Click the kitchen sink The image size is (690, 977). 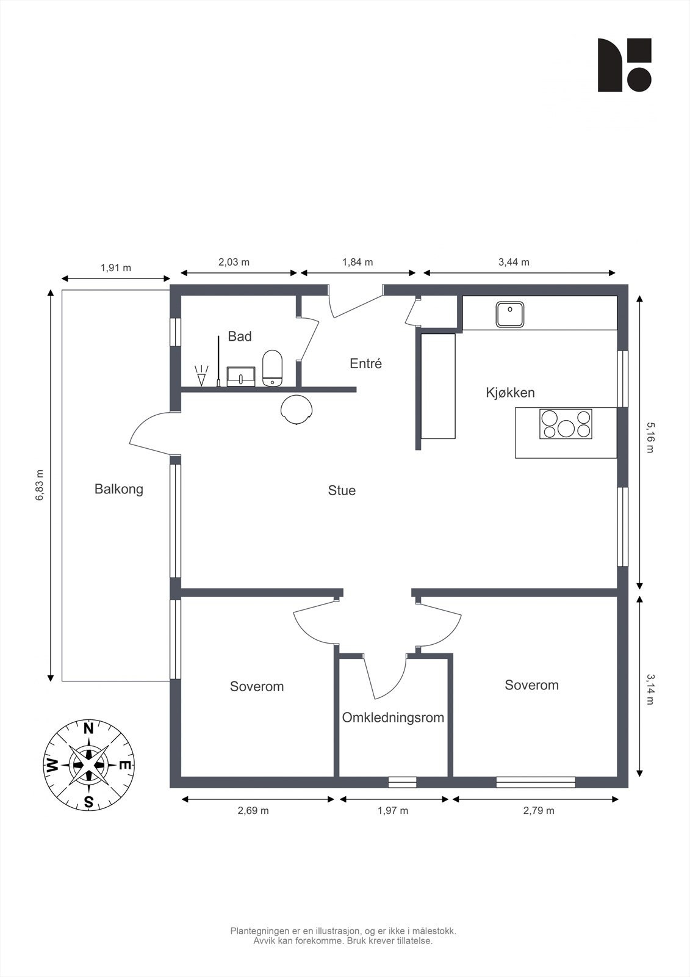click(x=509, y=314)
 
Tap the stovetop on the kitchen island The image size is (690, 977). click(x=566, y=424)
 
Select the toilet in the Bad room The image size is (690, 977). click(x=273, y=368)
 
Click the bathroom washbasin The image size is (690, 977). click(x=240, y=376)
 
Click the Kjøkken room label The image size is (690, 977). click(x=510, y=393)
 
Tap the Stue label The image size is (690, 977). click(x=342, y=490)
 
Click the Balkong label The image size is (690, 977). click(x=118, y=489)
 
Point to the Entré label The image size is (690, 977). click(x=365, y=363)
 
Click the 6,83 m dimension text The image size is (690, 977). click(x=40, y=485)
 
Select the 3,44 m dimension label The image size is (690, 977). click(x=514, y=262)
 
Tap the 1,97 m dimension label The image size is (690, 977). click(x=393, y=811)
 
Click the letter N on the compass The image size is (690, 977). click(x=88, y=728)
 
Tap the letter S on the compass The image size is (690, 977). click(x=88, y=802)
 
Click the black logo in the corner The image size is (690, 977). click(x=624, y=65)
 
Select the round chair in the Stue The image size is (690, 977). click(x=297, y=409)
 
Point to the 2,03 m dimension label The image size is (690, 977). click(x=234, y=262)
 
